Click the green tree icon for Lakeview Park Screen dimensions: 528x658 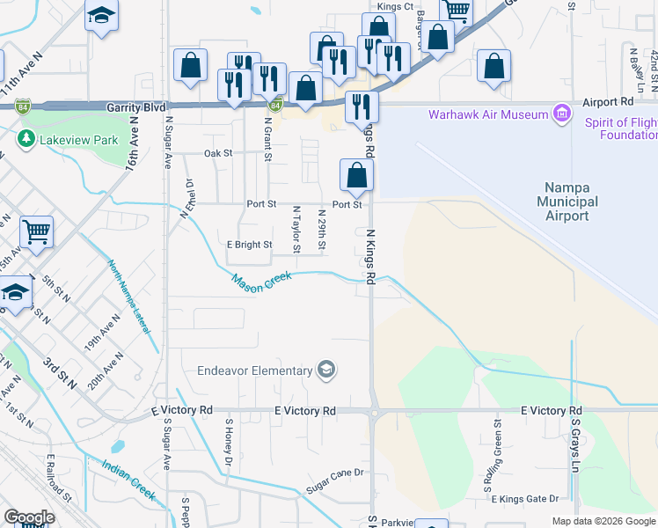tap(26, 139)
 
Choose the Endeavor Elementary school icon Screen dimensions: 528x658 tap(326, 370)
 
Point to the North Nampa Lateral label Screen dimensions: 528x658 tap(128, 295)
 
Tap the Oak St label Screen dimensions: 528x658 tap(217, 152)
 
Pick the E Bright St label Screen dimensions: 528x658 tap(249, 245)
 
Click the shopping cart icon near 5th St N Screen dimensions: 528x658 tap(36, 232)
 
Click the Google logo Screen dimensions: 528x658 tap(29, 517)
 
